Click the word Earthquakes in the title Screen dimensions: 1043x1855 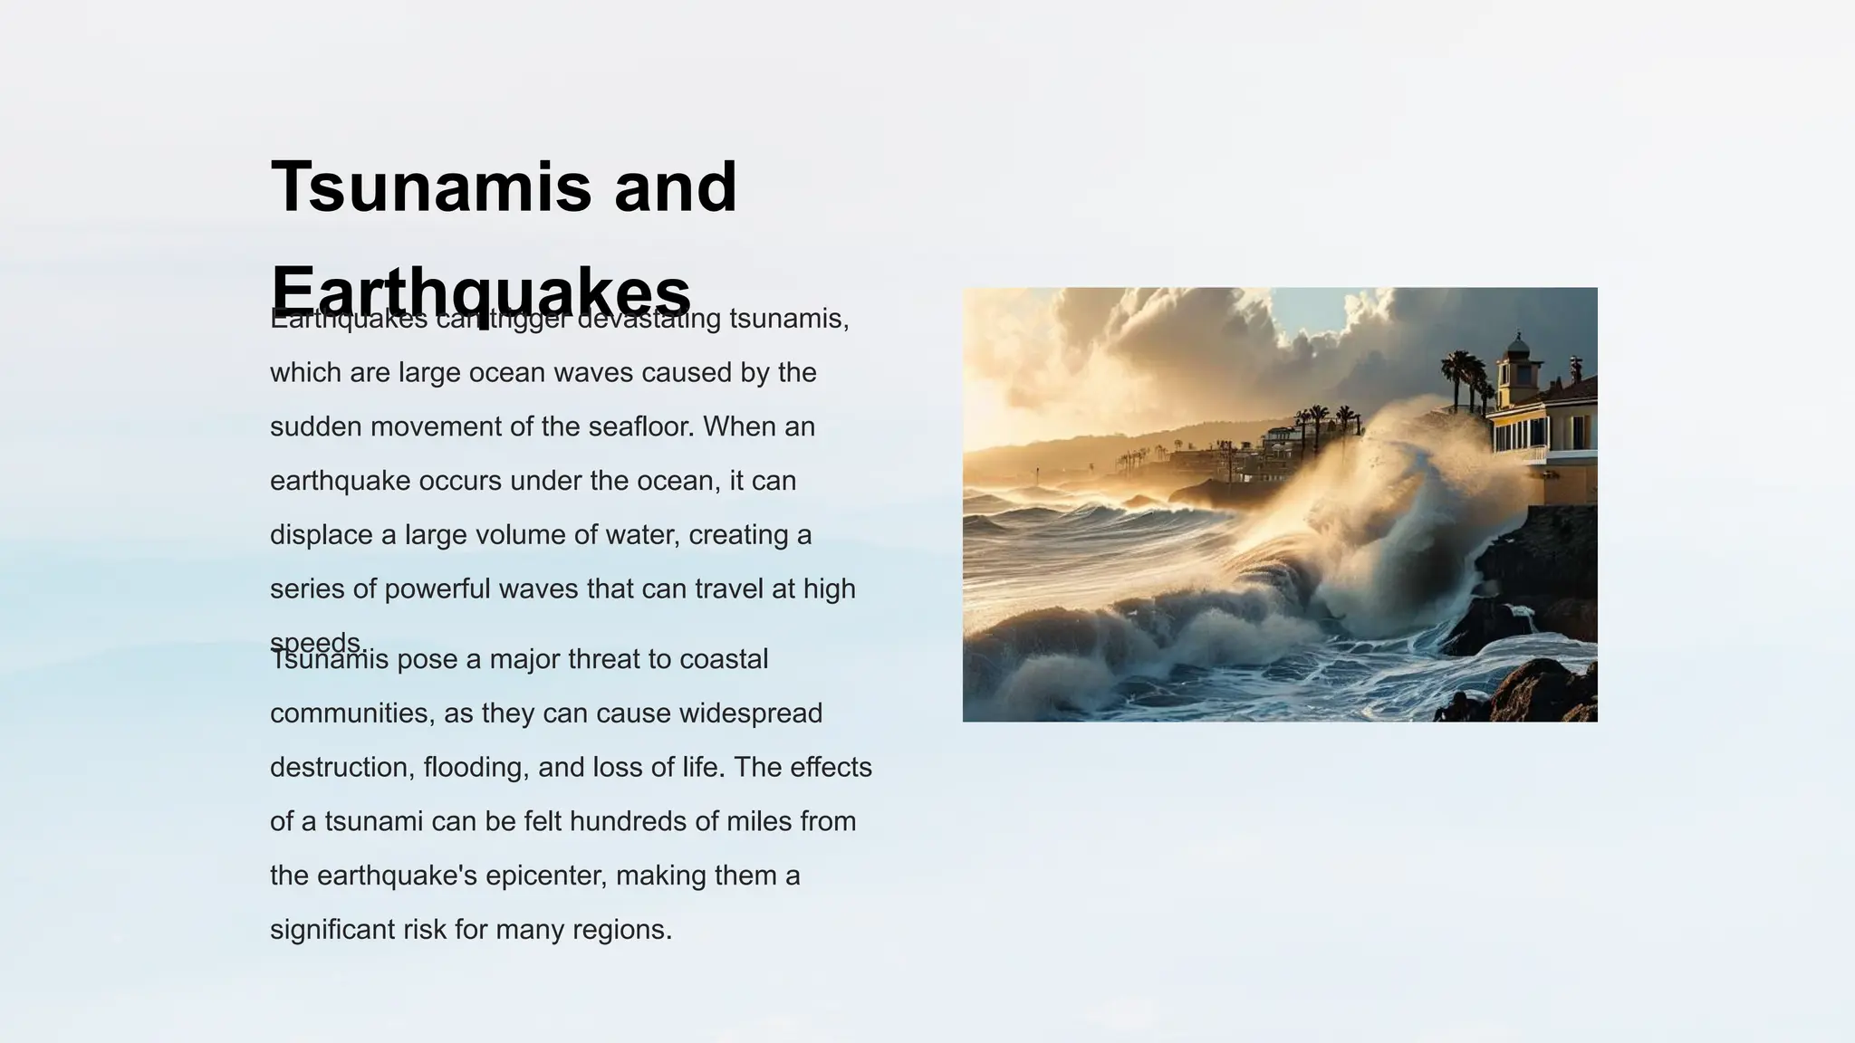coord(480,292)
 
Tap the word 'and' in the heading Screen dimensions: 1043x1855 coord(675,187)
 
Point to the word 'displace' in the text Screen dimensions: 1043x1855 coord(322,535)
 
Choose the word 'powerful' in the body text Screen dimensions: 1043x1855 coord(437,589)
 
